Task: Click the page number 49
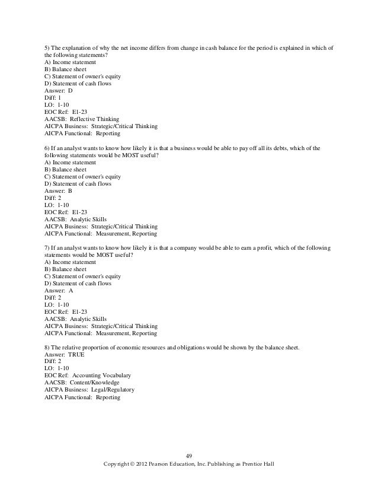click(x=190, y=456)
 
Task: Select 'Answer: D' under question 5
click(x=59, y=91)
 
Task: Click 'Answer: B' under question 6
click(x=59, y=192)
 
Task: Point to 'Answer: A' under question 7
click(x=59, y=291)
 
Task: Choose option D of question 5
click(x=78, y=84)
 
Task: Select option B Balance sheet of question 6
click(x=66, y=169)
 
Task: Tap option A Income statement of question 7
click(x=70, y=262)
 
